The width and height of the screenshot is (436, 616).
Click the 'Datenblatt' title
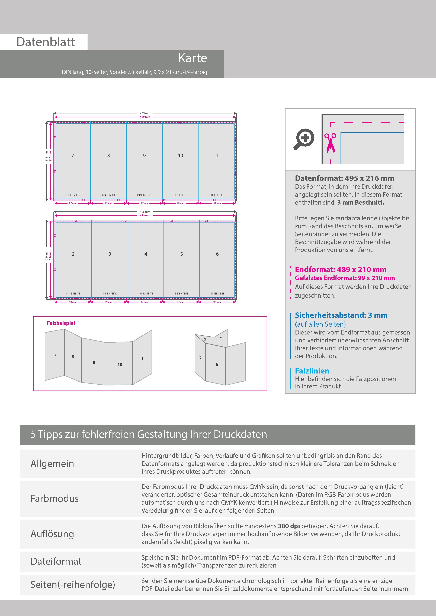point(46,42)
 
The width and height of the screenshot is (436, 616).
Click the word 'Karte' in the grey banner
point(193,58)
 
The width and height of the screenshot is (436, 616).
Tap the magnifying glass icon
point(304,139)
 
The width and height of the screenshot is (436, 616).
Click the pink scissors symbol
point(330,143)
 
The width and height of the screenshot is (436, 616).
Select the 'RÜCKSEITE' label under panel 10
point(180,195)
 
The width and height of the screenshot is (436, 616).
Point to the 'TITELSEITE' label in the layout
point(217,195)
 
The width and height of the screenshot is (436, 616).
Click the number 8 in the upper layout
point(108,156)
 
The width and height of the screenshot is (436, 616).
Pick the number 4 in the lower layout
point(146,254)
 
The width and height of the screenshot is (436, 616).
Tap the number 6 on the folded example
point(221,337)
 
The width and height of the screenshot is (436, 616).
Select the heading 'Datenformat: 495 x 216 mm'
point(345,178)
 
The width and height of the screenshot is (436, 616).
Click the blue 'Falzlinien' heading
point(312,371)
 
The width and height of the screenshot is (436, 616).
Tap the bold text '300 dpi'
point(289,526)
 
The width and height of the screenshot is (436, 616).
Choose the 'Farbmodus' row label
point(54,499)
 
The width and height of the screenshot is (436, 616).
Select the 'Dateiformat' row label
point(56,561)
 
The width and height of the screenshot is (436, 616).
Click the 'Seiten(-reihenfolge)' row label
point(73,584)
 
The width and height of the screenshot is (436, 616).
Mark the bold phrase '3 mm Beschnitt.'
point(361,203)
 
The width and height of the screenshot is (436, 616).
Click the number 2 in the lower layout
point(73,254)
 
